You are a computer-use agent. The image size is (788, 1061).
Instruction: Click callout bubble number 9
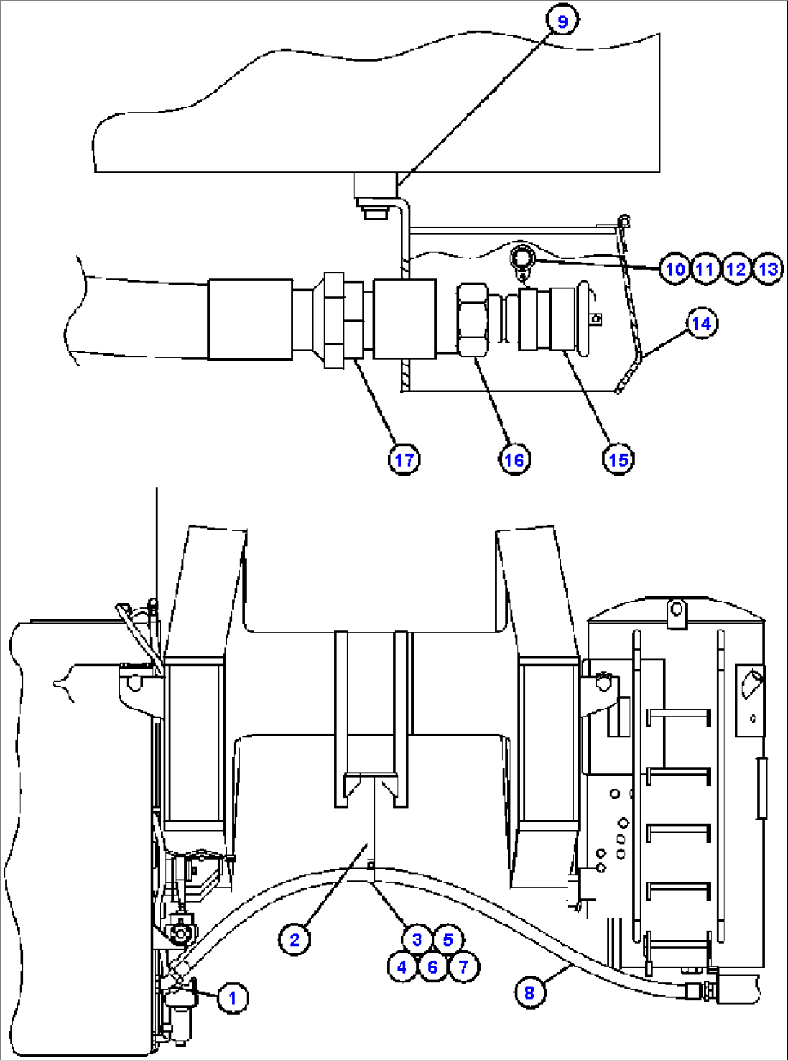click(x=562, y=22)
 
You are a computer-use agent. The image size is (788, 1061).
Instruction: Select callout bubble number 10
click(x=675, y=270)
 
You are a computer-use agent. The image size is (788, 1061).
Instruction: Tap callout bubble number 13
click(x=768, y=270)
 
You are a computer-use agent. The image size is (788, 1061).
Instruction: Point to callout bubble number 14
click(x=701, y=324)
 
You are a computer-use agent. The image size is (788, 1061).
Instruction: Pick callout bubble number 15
click(x=619, y=460)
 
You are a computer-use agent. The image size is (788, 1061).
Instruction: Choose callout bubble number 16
click(x=514, y=460)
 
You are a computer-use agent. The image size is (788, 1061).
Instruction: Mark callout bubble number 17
click(x=404, y=460)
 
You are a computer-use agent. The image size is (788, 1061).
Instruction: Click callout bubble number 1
click(x=233, y=998)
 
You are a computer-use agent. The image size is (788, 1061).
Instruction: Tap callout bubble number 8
click(x=529, y=993)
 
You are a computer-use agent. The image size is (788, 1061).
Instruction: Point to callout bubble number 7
click(x=463, y=967)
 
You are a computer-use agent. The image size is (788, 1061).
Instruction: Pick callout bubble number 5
click(x=447, y=940)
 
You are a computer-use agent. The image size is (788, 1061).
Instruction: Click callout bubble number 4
click(x=402, y=967)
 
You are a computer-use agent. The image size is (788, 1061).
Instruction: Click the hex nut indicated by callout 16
click(x=474, y=320)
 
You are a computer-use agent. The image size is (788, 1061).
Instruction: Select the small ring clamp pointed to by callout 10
click(x=523, y=259)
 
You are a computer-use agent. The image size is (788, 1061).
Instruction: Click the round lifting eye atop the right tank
click(x=675, y=609)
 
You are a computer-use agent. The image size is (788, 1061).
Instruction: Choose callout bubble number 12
click(x=737, y=270)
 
